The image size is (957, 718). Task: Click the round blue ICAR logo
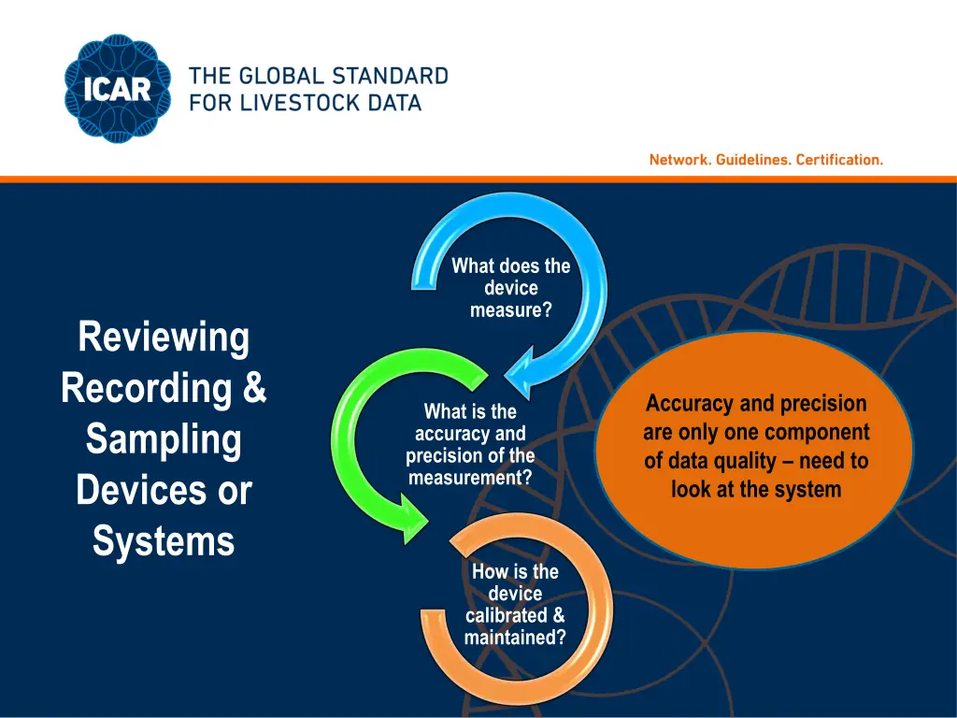point(119,90)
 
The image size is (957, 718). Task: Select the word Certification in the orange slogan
point(839,160)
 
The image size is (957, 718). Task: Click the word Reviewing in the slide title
point(164,337)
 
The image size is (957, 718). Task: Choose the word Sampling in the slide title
point(164,439)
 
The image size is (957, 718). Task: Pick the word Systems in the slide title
point(164,541)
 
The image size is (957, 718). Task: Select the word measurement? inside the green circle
point(470,478)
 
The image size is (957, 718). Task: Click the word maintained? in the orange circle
point(515,638)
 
